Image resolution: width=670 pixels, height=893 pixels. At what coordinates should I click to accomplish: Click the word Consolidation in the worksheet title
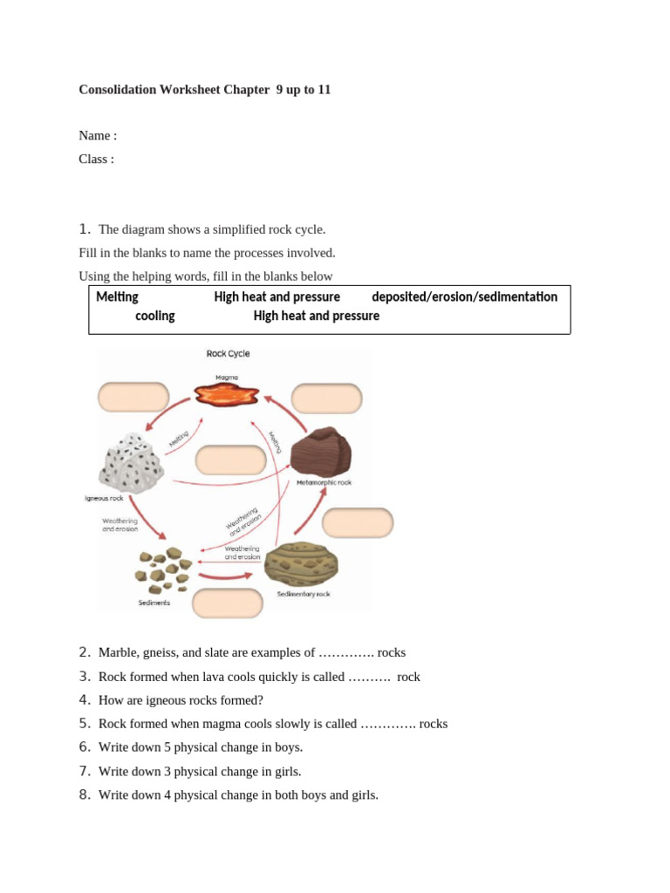coord(118,90)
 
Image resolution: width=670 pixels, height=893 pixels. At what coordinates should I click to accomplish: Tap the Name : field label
coord(98,135)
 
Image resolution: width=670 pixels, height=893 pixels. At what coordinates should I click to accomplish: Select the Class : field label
coord(96,159)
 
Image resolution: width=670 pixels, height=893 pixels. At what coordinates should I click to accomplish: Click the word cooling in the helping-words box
coord(154,316)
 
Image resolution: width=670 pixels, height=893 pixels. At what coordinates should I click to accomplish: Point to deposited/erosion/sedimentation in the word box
coord(464,297)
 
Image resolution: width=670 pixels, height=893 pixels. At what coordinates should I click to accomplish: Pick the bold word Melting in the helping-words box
coord(117,297)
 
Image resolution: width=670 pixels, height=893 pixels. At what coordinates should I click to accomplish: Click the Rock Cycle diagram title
coord(228,354)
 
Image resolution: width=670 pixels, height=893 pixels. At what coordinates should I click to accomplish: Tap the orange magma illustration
coord(227,395)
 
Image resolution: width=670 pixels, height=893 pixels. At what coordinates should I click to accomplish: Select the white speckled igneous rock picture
coord(132,462)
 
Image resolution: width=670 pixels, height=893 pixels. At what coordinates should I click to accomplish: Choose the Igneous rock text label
coord(104,499)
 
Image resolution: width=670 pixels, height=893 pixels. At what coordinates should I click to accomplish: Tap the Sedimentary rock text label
coord(304,594)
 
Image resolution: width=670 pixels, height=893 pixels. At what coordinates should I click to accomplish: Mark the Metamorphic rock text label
coord(324,482)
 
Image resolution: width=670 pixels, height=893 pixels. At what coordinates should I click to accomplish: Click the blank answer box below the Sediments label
coord(228,603)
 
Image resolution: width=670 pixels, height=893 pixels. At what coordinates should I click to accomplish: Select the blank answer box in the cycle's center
coord(230,460)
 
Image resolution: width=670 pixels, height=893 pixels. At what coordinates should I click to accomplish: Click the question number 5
coord(84,723)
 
